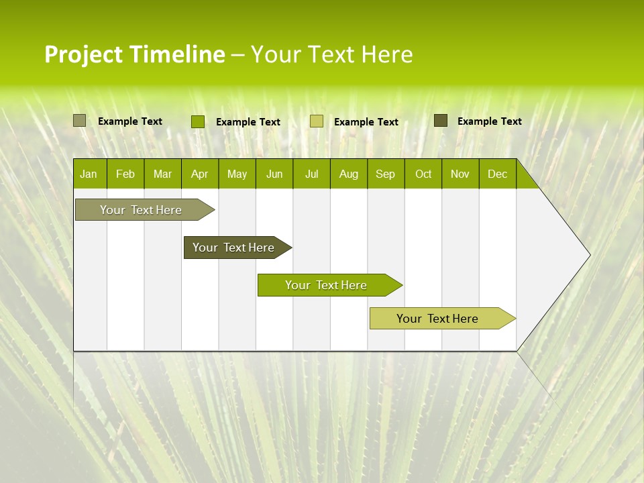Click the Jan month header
[x=89, y=174]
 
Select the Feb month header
[x=125, y=174]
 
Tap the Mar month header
[x=162, y=174]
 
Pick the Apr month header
[x=200, y=174]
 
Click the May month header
[x=237, y=174]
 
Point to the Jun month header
[x=274, y=174]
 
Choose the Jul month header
[x=311, y=174]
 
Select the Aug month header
[x=349, y=174]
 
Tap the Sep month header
[x=386, y=174]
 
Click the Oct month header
[x=423, y=174]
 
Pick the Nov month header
[x=460, y=174]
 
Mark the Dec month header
[x=497, y=174]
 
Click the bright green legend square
[x=198, y=121]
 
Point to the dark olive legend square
[x=441, y=121]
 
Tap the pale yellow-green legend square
[x=317, y=121]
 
